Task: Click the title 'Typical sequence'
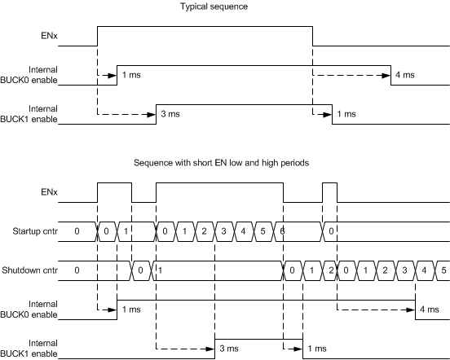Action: [225, 7]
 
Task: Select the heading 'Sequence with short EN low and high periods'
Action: [225, 162]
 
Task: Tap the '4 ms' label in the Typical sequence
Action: [404, 76]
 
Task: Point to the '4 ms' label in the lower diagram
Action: [428, 310]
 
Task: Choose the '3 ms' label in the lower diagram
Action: [228, 349]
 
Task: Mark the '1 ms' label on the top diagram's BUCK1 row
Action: [345, 114]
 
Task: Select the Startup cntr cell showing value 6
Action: [282, 232]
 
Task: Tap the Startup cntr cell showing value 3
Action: [223, 232]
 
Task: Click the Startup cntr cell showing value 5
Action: [262, 232]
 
